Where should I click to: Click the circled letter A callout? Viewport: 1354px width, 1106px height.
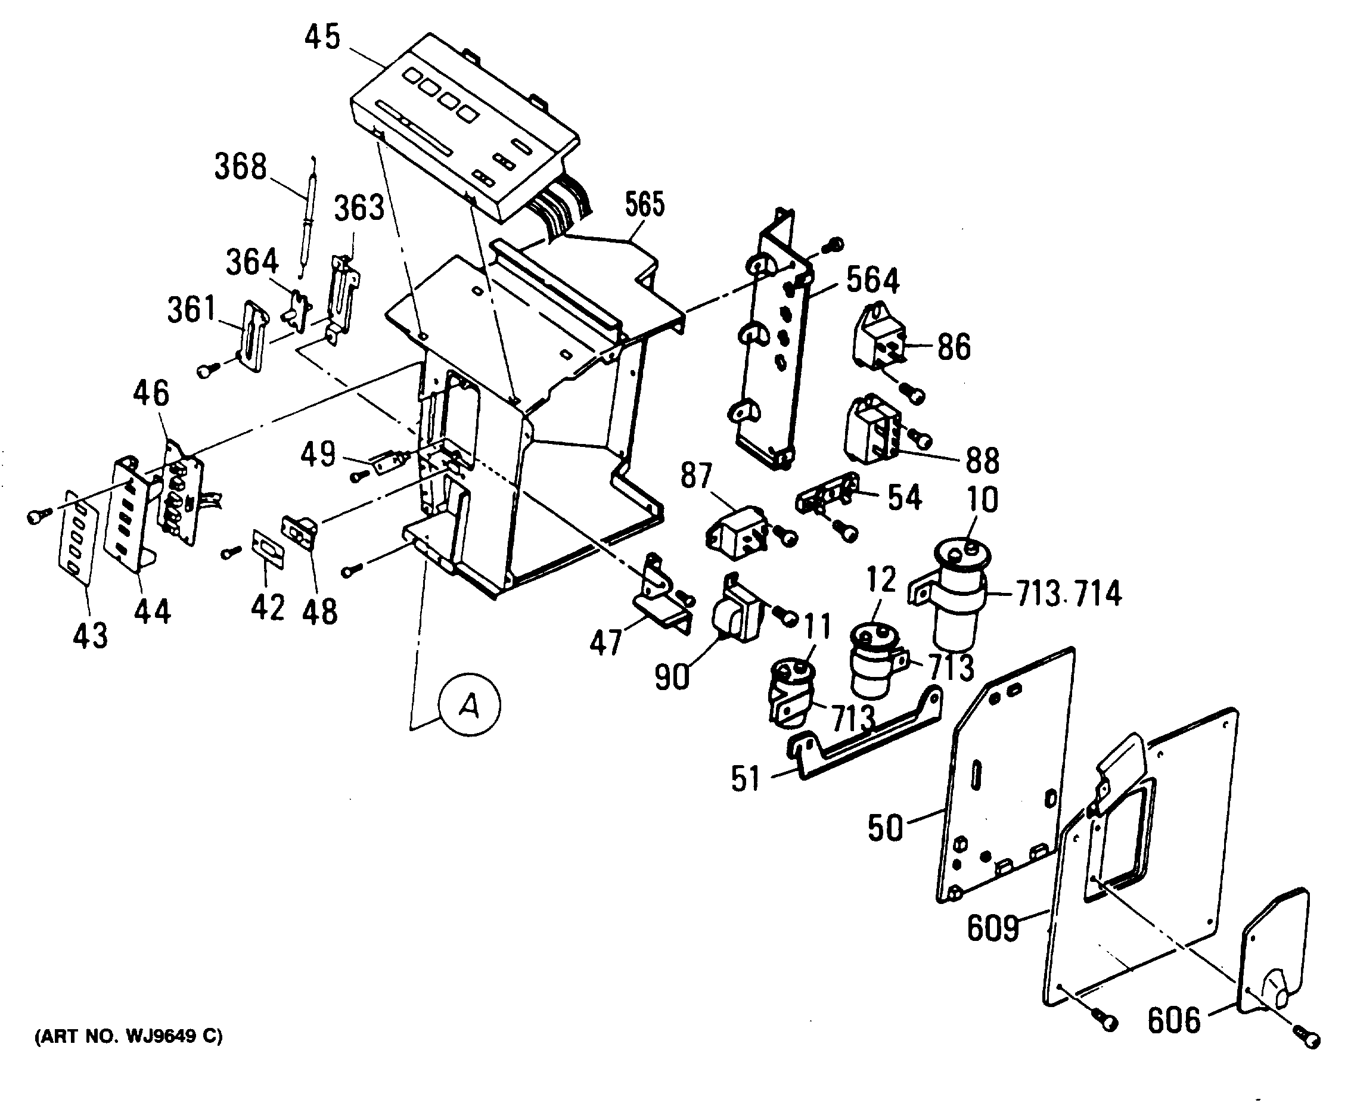(x=470, y=704)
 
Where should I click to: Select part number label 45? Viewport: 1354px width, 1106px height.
(x=322, y=37)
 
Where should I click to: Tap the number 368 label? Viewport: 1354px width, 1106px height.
(x=240, y=167)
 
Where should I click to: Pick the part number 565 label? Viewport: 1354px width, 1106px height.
(x=644, y=204)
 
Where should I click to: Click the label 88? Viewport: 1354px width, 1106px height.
(x=982, y=460)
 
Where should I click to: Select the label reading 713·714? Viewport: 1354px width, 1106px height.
(x=1069, y=593)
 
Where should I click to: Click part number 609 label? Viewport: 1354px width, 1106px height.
(x=993, y=928)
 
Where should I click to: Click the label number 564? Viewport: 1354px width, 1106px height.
(x=872, y=280)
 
